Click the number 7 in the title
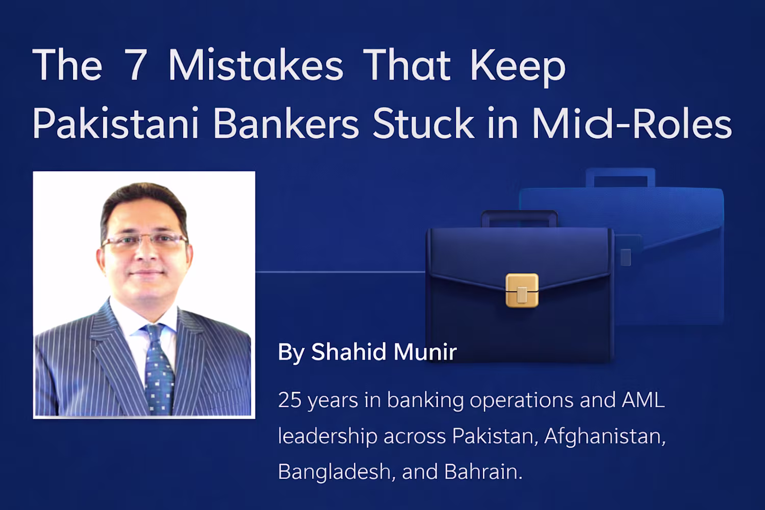[x=136, y=65]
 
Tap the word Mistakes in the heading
[x=256, y=65]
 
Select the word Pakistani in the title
[x=116, y=122]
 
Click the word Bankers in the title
[x=286, y=122]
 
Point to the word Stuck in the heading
[x=423, y=122]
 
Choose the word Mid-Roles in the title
[x=632, y=122]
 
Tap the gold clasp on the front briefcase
[x=522, y=290]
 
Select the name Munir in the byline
[x=425, y=352]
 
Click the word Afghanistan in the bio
[x=605, y=436]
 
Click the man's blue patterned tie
[x=158, y=368]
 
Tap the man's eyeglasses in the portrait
[x=145, y=240]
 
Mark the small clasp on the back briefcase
[x=625, y=257]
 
